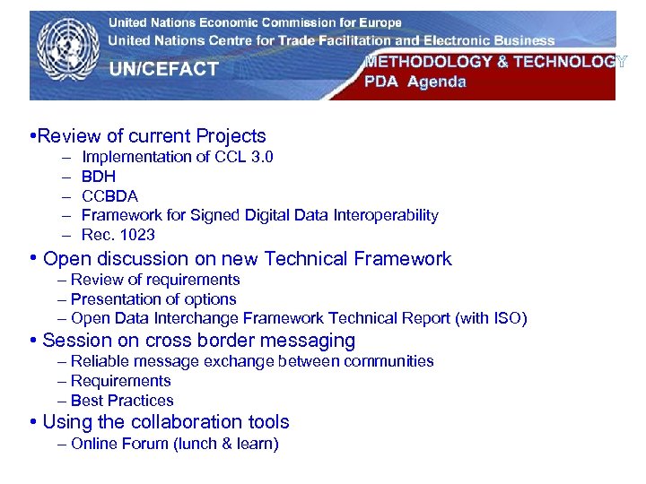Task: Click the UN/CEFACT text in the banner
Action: tap(163, 69)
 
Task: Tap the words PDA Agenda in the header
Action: tap(415, 82)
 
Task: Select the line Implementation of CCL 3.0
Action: tap(178, 157)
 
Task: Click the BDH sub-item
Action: tap(99, 177)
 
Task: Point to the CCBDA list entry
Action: tap(109, 195)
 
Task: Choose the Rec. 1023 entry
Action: tap(118, 235)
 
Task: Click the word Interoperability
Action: tap(385, 215)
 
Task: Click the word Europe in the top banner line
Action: tap(374, 22)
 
